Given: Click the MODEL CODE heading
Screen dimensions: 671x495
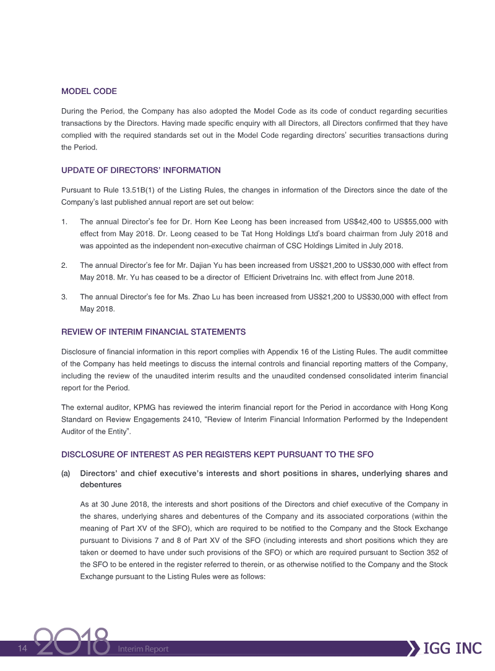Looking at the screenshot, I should (88, 92).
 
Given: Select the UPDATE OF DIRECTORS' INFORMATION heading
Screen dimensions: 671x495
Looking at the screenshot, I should (140, 170).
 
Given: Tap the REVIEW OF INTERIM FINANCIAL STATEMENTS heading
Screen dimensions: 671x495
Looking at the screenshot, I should (153, 332).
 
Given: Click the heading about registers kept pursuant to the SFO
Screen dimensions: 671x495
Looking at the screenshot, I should (217, 455).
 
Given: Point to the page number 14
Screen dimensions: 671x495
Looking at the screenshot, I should (23, 648).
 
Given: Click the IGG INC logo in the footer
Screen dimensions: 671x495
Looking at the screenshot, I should (452, 648).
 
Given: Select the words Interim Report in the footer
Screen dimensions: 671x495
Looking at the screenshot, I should (143, 649).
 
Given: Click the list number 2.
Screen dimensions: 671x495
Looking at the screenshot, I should (64, 265).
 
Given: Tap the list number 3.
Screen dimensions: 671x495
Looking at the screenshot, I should (64, 297).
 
